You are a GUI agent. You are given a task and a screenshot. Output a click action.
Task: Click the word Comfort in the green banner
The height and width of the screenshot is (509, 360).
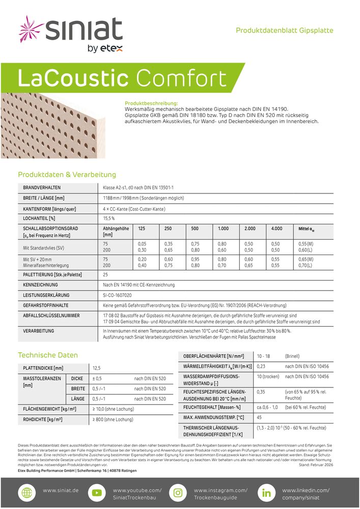[x=181, y=79]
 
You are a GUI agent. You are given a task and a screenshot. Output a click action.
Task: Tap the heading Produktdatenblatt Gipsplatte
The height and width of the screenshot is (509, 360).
[x=284, y=31]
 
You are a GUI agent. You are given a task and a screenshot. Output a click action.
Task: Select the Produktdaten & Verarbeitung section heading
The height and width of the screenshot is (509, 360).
[x=67, y=175]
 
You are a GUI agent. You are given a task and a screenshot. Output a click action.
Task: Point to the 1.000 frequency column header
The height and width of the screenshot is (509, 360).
[x=223, y=229]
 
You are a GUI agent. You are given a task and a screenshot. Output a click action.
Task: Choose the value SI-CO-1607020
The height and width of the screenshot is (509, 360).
[x=117, y=295]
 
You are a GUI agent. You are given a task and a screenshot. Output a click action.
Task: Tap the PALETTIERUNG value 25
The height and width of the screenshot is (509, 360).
[x=105, y=274]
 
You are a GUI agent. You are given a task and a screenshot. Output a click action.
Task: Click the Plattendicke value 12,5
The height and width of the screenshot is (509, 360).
[x=96, y=367]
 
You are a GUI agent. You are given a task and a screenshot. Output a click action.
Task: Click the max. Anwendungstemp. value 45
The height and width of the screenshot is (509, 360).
[x=259, y=417]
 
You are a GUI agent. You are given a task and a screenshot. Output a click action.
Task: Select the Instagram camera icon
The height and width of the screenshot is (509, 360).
[x=178, y=493]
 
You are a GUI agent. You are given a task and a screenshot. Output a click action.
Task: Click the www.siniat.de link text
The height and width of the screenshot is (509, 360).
[x=61, y=490]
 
